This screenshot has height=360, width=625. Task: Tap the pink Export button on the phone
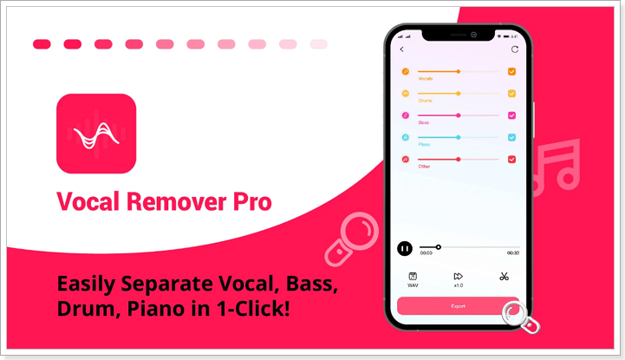[457, 306]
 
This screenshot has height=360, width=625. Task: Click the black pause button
[405, 248]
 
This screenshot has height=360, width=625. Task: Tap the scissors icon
[503, 277]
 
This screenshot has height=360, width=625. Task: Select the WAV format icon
[413, 277]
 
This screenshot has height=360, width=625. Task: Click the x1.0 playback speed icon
[458, 277]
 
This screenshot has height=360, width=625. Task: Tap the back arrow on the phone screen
[402, 49]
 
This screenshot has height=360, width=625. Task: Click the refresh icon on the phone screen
[514, 49]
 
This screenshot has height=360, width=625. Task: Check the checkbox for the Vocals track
[512, 71]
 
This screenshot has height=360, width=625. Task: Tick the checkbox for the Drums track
[512, 93]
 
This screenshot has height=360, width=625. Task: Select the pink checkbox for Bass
[512, 115]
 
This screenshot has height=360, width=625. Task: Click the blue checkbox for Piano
[512, 137]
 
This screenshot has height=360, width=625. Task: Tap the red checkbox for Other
[512, 160]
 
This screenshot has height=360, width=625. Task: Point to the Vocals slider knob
[459, 71]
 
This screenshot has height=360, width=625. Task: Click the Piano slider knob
[459, 137]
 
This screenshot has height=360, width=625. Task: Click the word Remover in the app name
[168, 202]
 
